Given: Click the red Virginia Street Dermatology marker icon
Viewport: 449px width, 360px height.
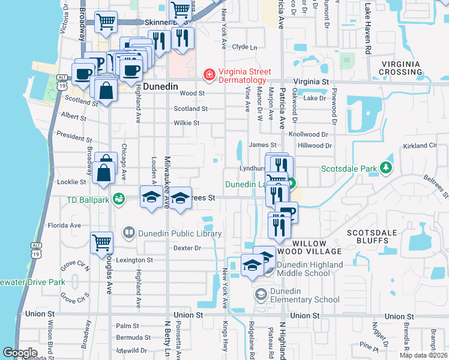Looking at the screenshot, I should [x=209, y=75].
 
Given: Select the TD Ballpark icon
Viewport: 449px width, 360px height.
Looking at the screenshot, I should [x=118, y=198].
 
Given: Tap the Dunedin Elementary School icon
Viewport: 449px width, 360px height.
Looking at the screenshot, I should [x=261, y=294].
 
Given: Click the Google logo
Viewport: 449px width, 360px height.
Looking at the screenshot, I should [x=20, y=352].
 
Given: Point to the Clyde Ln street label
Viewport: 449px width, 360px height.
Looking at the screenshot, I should [x=244, y=47].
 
